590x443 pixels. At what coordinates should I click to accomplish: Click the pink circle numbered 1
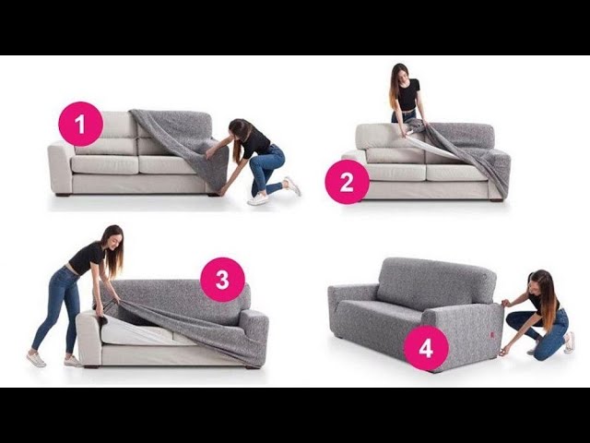[80, 124]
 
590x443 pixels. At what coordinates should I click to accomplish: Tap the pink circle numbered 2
[347, 182]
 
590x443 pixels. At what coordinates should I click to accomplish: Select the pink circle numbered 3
[222, 280]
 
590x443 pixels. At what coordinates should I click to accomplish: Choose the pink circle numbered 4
[426, 349]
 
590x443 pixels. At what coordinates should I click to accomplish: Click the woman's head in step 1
[240, 131]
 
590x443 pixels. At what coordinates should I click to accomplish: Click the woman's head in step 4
[538, 281]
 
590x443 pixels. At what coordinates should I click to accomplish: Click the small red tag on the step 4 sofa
[491, 334]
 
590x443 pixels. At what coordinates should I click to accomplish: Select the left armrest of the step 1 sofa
[60, 167]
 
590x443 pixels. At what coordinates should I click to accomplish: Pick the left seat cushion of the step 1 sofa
[105, 164]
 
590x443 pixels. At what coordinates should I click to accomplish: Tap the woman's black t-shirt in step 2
[407, 93]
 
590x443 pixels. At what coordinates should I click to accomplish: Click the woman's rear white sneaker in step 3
[36, 359]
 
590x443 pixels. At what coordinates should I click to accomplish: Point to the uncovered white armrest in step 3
[88, 338]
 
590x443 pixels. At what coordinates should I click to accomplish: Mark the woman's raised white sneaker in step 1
[293, 186]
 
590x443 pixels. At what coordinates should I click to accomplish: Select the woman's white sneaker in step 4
[569, 342]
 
